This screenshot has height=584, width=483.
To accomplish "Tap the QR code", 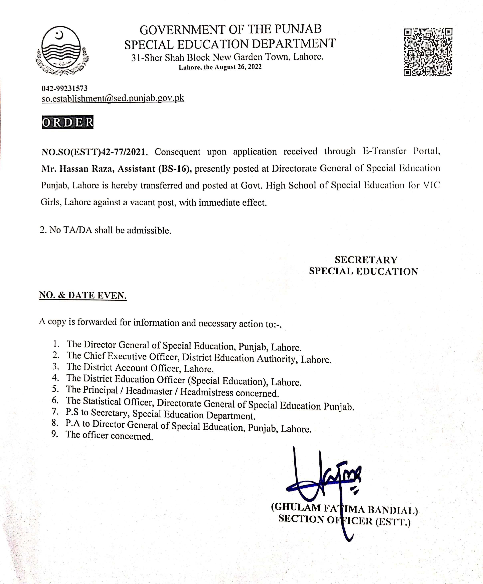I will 428,52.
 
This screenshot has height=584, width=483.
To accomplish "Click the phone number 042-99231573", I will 64,88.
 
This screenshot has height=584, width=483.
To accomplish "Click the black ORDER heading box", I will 67,122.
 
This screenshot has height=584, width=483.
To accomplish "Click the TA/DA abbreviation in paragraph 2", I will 78,230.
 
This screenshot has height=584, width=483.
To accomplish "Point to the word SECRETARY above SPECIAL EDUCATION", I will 366,260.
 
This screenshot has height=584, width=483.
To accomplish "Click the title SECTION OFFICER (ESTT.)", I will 344,520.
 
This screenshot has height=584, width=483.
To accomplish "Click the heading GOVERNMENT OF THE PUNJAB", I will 230,30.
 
